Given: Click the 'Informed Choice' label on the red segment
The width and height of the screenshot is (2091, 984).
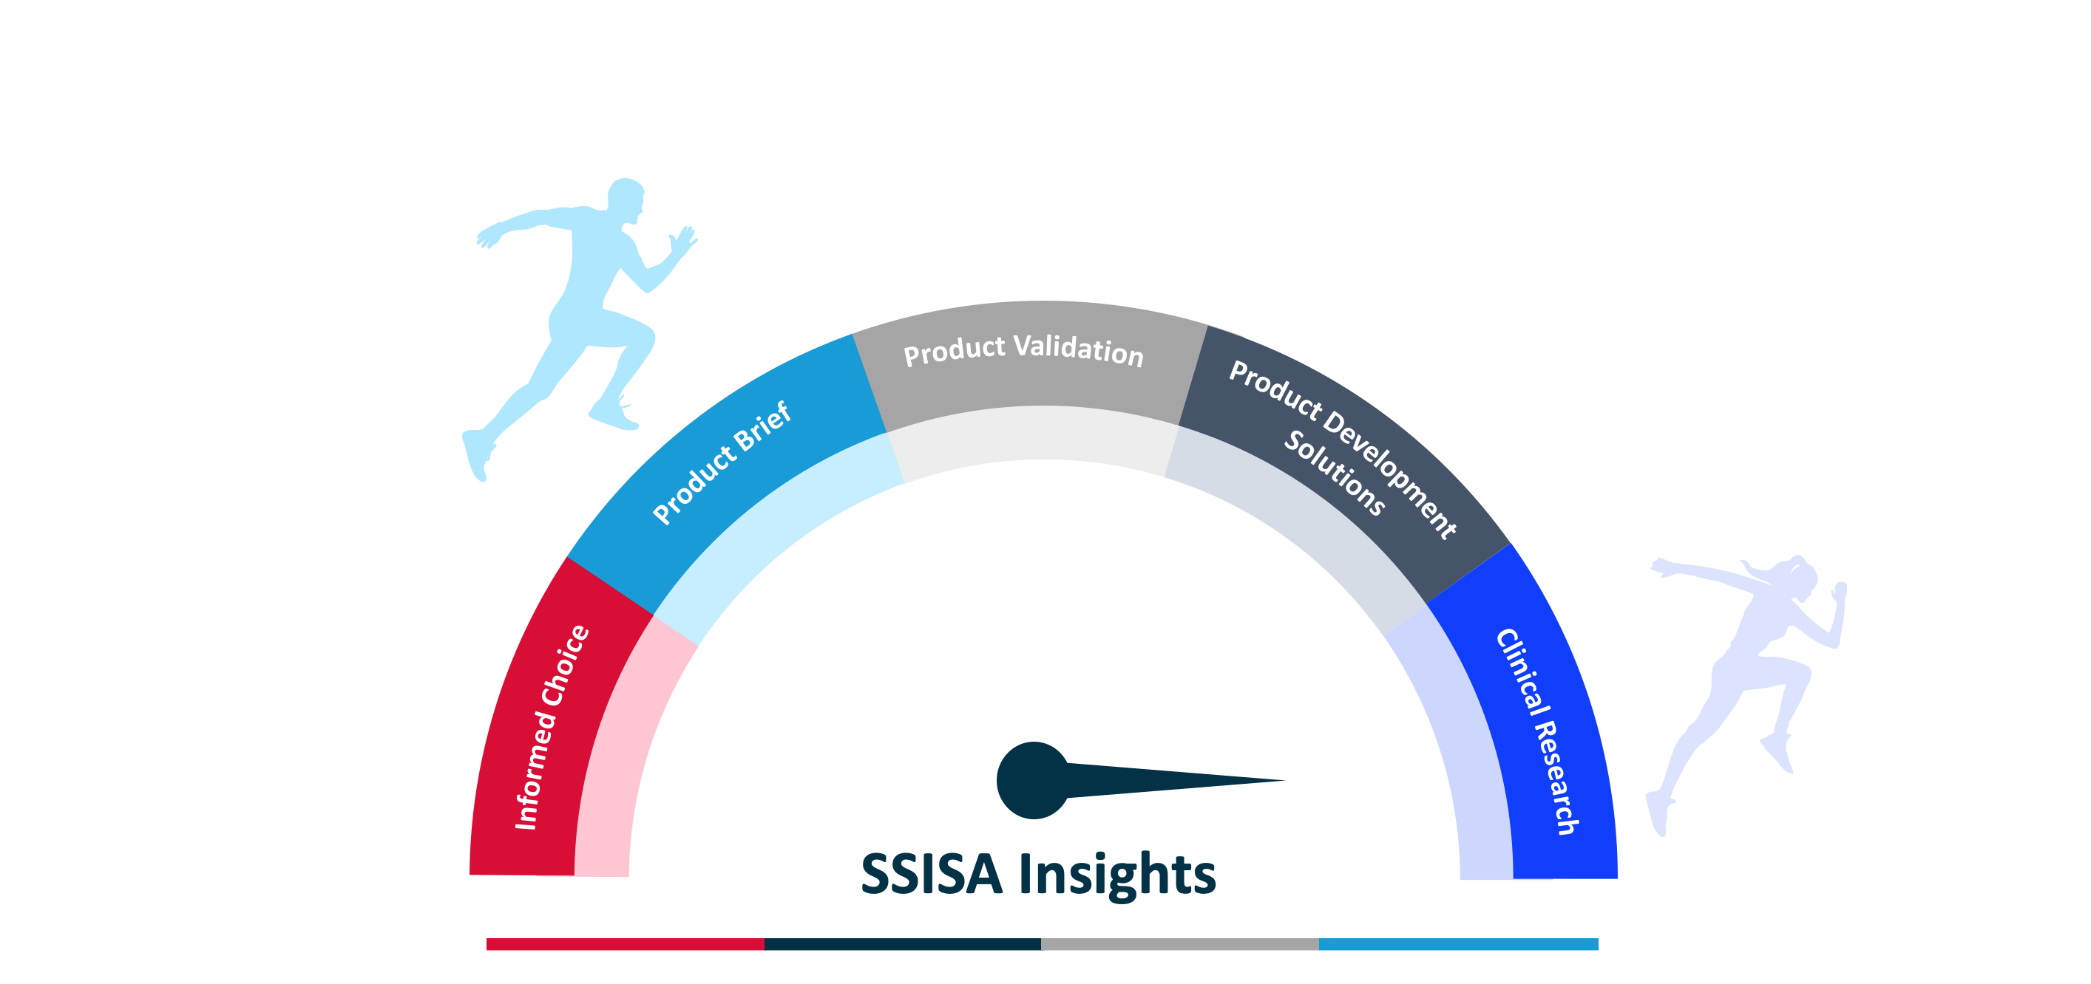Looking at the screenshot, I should (x=552, y=728).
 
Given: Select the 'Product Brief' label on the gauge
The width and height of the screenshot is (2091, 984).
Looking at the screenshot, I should (x=722, y=463).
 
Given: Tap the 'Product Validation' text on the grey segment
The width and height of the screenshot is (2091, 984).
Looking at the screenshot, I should (x=1023, y=350).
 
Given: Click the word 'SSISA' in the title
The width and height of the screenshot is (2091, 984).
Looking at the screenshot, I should (x=931, y=875).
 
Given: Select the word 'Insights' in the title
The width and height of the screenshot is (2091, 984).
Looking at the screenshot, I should (x=1117, y=875).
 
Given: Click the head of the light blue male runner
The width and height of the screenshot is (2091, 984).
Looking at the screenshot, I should (x=626, y=197).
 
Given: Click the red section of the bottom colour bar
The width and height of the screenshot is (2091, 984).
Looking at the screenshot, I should (x=625, y=944).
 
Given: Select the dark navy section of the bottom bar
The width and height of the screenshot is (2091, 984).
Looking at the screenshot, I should (x=902, y=944).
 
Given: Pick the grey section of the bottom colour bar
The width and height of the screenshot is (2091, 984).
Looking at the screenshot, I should (x=1179, y=944).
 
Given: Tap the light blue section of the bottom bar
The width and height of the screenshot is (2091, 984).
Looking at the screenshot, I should (x=1458, y=944).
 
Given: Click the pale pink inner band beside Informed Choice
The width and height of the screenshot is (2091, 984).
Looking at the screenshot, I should (x=617, y=771).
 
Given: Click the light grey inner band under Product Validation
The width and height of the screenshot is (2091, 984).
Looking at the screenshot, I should (x=1035, y=434).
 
